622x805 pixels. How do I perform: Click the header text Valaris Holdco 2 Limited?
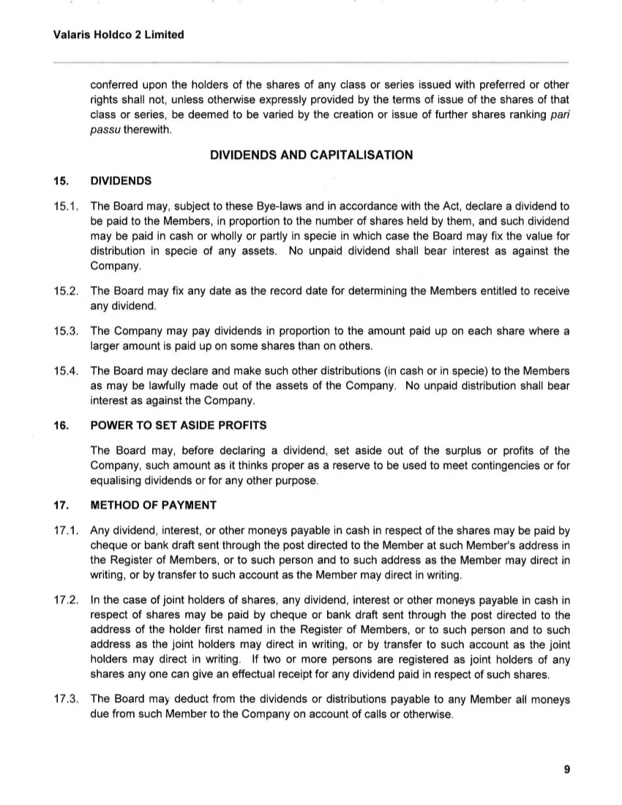click(108, 34)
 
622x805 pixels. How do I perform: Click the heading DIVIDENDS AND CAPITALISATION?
click(311, 154)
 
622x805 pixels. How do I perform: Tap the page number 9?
click(567, 768)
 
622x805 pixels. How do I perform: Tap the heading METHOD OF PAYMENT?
click(153, 505)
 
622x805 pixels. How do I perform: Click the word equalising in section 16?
click(116, 481)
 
